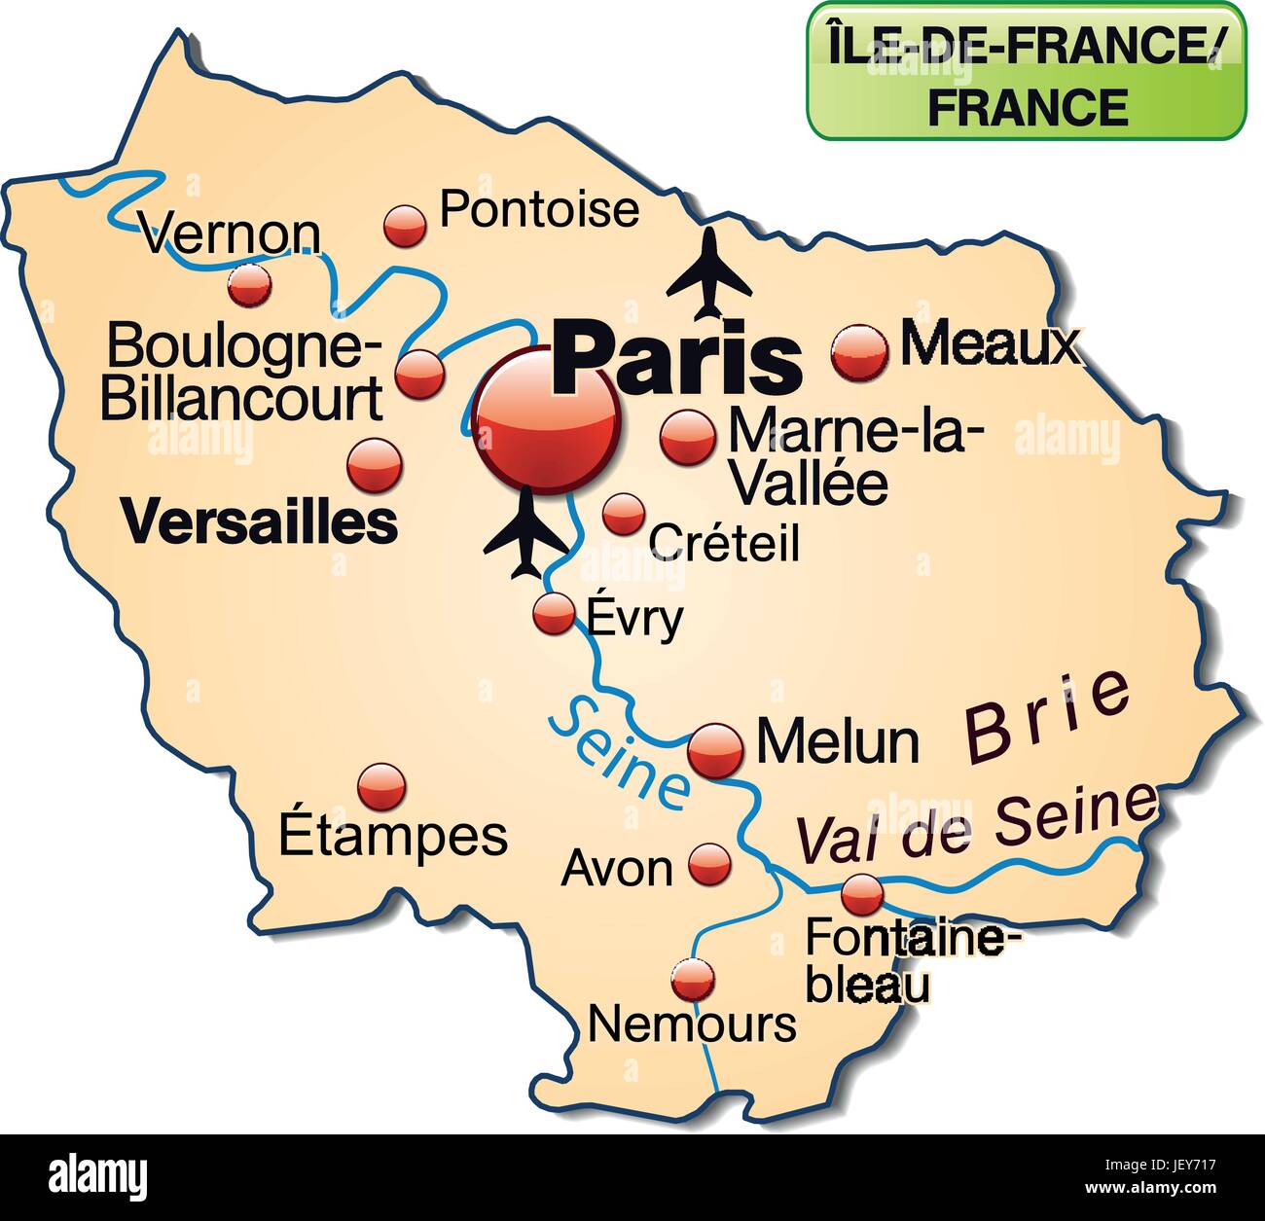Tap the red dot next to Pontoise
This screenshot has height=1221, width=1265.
406,226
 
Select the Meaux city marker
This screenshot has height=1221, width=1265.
860,350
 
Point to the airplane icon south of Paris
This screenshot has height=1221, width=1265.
525,533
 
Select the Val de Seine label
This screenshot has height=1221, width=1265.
977,823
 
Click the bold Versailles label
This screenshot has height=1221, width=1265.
261,522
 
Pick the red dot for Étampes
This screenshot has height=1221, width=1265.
381,786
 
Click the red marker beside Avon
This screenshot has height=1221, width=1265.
709,862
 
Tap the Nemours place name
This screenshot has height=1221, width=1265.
693,1023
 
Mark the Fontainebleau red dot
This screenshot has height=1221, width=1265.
861,892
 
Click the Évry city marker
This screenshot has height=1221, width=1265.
554,614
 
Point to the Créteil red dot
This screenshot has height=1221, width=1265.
623,513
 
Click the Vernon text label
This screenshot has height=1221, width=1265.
231,233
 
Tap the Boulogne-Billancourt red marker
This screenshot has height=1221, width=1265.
420,374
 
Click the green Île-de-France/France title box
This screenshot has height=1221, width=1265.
1026,70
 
